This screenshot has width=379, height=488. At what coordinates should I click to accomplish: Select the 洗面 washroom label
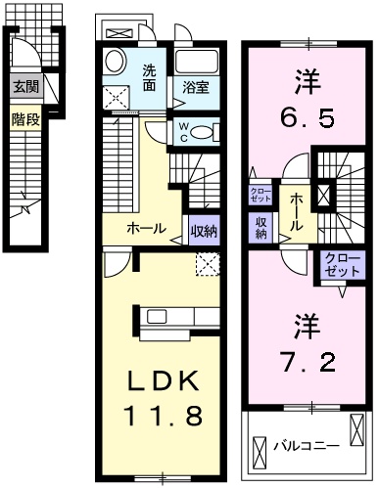[150, 77]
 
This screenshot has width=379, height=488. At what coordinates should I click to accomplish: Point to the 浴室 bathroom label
[196, 87]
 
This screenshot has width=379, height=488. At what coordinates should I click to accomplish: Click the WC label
[183, 131]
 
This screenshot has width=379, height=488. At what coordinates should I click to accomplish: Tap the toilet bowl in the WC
[206, 131]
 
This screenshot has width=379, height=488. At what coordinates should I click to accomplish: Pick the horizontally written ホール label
[146, 229]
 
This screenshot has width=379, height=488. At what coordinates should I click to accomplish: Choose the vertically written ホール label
[294, 209]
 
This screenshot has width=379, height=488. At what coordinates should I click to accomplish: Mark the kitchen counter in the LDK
[176, 317]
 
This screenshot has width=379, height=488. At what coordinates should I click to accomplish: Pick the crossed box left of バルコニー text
[259, 451]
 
